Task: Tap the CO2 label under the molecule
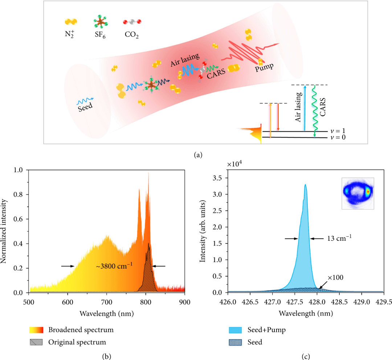coord(131,36)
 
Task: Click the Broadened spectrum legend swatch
coord(37,330)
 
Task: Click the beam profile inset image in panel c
coord(358,193)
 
